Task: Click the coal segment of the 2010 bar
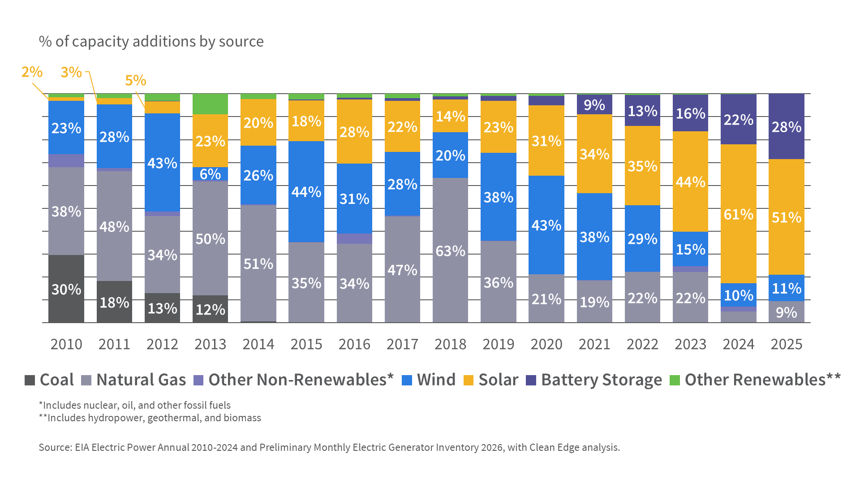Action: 66,289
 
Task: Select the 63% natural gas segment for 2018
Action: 450,250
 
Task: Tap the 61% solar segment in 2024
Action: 738,213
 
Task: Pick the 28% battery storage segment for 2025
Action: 786,126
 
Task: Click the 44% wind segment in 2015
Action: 306,191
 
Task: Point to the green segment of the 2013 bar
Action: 210,104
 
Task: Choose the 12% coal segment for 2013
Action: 210,309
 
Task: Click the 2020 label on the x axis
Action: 546,344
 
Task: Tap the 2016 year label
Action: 354,344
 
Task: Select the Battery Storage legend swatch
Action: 531,380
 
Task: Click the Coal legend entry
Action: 49,380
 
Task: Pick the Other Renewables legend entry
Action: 755,380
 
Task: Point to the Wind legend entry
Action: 429,380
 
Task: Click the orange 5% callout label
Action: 135,81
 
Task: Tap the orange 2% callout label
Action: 32,72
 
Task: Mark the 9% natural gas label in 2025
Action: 786,312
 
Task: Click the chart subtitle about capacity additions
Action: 151,41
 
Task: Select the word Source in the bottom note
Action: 55,447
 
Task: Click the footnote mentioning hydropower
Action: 150,418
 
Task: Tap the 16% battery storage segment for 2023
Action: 690,113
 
